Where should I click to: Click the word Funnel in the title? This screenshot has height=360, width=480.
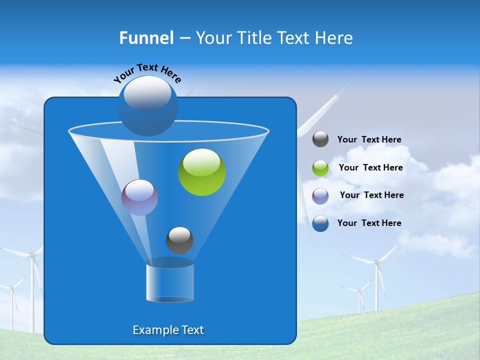tap(146, 38)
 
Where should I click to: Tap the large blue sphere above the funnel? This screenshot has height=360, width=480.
tap(148, 105)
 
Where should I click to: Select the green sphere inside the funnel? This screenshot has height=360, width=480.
tap(202, 172)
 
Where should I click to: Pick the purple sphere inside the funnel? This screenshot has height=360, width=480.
tap(140, 197)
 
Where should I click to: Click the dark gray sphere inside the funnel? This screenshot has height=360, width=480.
tap(179, 240)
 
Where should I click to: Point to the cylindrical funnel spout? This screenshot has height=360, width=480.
tap(170, 282)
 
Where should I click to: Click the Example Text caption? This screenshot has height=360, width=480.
tap(168, 330)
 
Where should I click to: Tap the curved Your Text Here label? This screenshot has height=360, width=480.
tap(147, 73)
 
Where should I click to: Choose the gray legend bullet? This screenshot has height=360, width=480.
tap(320, 139)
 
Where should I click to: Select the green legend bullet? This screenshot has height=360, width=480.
tap(320, 168)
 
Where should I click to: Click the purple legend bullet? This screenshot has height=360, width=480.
tap(320, 196)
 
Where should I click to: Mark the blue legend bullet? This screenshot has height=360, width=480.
tap(320, 223)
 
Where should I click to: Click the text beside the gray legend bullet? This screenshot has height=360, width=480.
tap(369, 139)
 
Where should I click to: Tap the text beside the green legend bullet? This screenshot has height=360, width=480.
tap(370, 167)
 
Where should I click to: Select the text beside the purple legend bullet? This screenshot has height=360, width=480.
tap(371, 195)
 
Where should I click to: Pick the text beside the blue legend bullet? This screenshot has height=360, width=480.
tap(369, 223)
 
